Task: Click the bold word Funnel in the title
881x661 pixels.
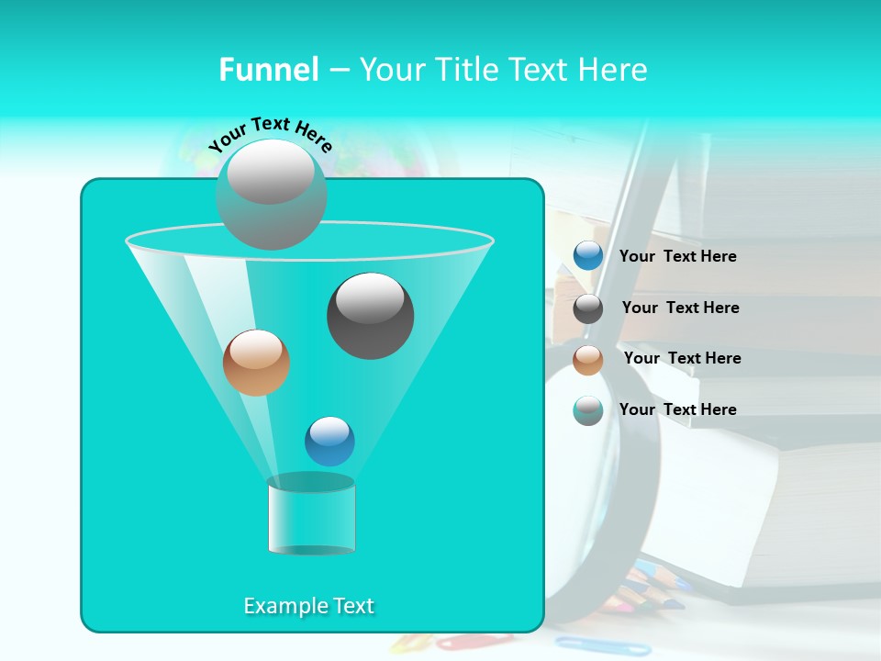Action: pyautogui.click(x=268, y=70)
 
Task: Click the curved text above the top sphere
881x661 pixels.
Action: pyautogui.click(x=270, y=134)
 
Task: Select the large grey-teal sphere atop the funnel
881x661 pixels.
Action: pyautogui.click(x=271, y=194)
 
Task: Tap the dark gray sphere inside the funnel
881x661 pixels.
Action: pyautogui.click(x=370, y=316)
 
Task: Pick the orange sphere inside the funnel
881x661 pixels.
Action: pyautogui.click(x=256, y=363)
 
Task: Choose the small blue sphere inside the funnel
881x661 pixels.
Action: pyautogui.click(x=329, y=441)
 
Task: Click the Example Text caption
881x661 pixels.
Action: pyautogui.click(x=309, y=606)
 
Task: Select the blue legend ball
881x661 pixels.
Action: pyautogui.click(x=588, y=256)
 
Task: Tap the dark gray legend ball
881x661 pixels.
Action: pyautogui.click(x=588, y=308)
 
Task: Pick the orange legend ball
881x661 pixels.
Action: pyautogui.click(x=588, y=360)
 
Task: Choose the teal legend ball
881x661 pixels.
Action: pyautogui.click(x=588, y=410)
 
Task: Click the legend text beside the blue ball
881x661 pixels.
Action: pyautogui.click(x=677, y=256)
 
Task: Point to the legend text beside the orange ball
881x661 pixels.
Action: pyautogui.click(x=682, y=358)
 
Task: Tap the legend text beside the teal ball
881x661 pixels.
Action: pyautogui.click(x=677, y=409)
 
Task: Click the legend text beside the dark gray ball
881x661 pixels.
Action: pyautogui.click(x=680, y=308)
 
